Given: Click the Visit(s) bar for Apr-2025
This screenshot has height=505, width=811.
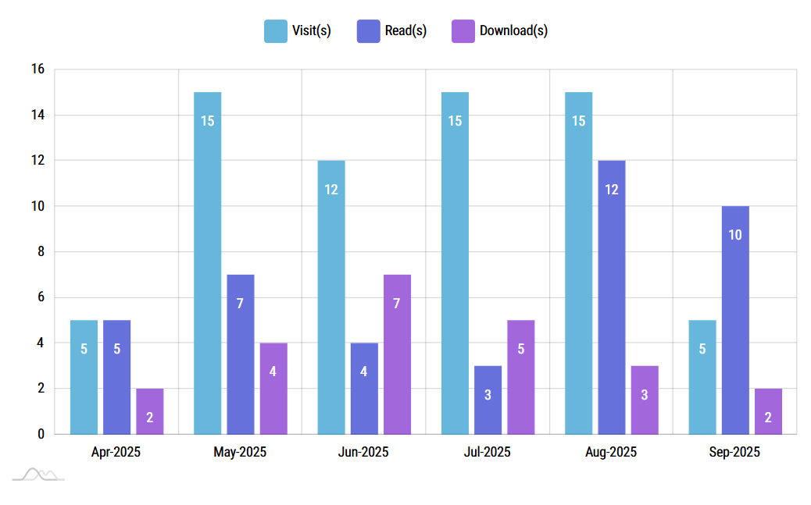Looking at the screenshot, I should click(84, 377).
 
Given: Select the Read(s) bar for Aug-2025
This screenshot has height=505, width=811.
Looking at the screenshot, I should click(612, 297).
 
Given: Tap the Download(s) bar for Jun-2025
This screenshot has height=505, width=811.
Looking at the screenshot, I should click(397, 354).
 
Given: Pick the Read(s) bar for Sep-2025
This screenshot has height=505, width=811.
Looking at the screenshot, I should click(735, 320).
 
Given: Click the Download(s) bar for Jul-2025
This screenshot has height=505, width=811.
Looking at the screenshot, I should click(521, 377).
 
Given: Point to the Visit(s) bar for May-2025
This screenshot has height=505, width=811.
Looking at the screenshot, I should click(208, 263).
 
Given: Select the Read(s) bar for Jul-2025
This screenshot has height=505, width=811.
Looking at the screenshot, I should click(488, 400).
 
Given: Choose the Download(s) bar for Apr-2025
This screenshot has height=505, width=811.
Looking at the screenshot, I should click(150, 411).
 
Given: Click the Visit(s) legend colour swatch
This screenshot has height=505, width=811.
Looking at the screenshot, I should click(276, 30).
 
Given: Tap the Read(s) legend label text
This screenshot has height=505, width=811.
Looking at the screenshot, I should click(405, 30).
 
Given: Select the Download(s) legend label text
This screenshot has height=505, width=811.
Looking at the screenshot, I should click(513, 30).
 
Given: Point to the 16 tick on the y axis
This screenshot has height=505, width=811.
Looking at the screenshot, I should click(38, 69).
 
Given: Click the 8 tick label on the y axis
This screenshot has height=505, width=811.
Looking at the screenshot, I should click(41, 252).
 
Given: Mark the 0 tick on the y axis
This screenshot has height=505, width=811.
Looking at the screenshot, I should click(41, 434).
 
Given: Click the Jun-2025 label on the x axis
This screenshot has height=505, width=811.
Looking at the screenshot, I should click(363, 452).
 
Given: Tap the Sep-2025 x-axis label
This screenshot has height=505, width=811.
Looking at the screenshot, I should click(734, 452).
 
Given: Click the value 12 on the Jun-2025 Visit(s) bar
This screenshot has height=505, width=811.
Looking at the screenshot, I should click(331, 189).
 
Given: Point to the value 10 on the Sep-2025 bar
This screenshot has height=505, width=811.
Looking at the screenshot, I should click(735, 234).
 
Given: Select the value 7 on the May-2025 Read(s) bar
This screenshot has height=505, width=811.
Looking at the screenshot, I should click(240, 303).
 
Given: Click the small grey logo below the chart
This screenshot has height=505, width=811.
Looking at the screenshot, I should click(38, 474).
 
